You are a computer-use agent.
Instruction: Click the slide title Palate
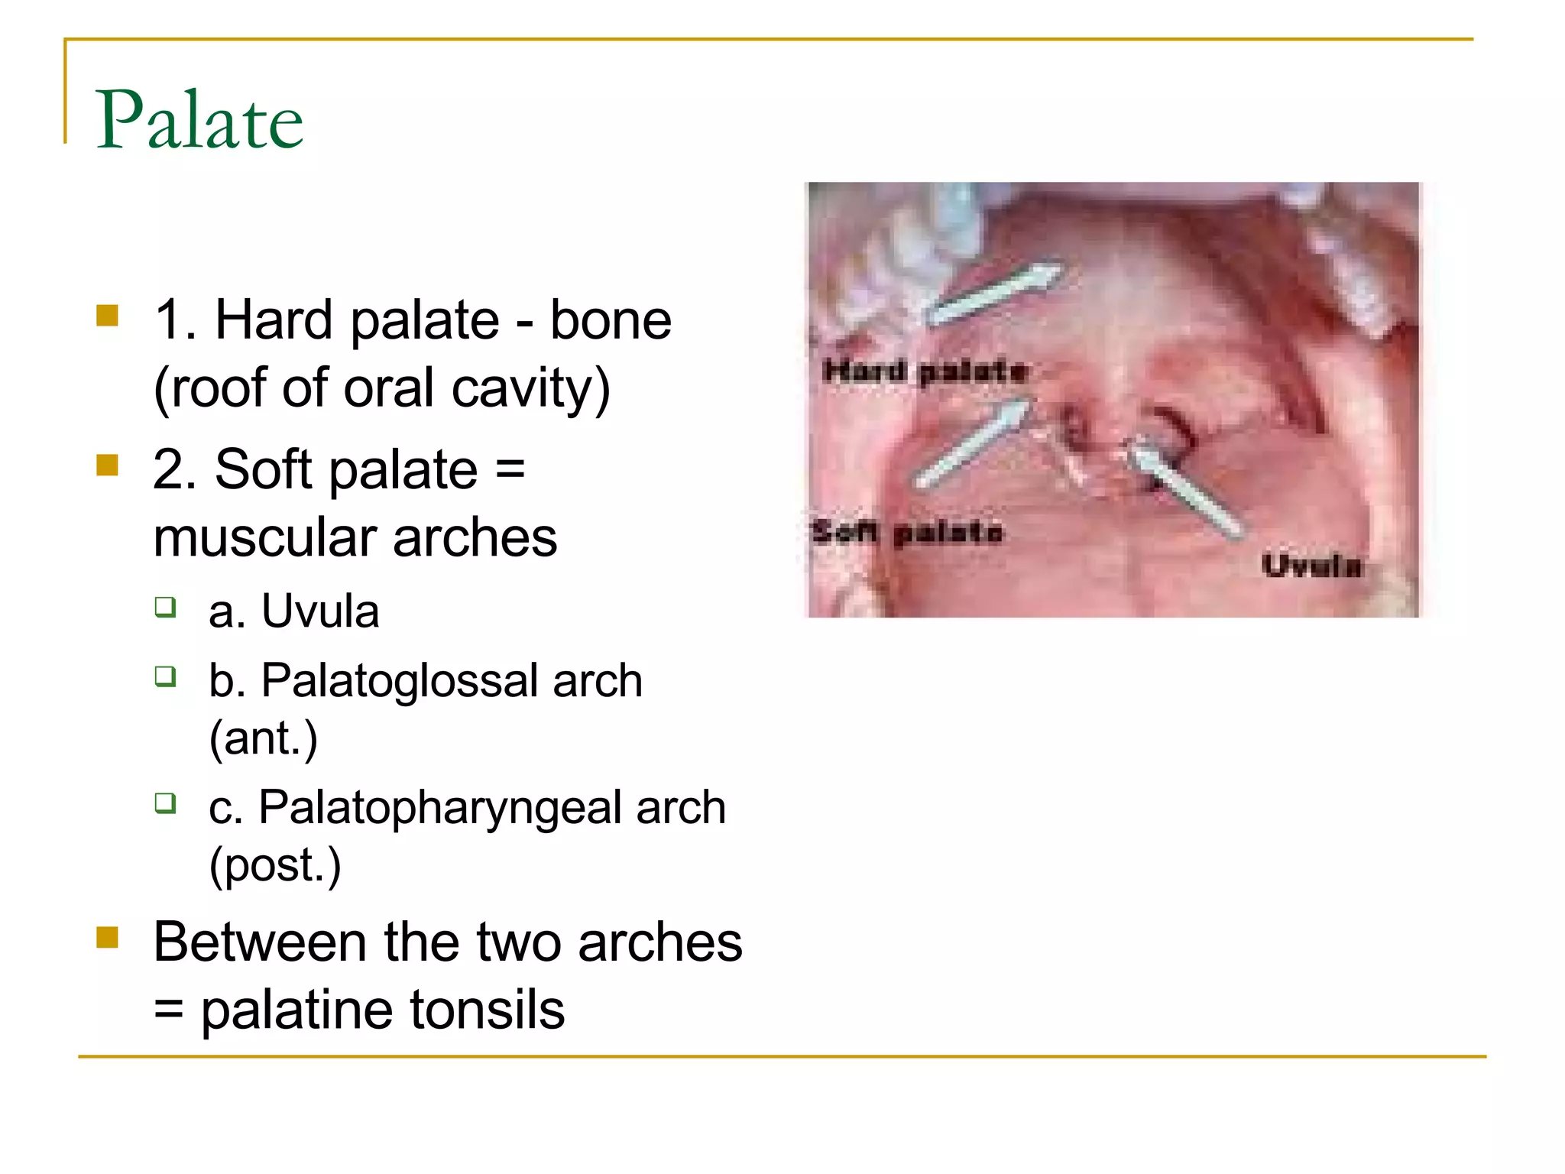[199, 120]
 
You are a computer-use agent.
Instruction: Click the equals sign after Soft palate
[510, 469]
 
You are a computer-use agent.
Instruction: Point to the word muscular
[264, 537]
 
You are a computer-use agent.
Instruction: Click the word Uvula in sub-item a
[320, 611]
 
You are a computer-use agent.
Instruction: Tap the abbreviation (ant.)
[263, 738]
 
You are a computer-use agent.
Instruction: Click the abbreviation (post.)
[275, 865]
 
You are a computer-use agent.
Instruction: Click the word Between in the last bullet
[259, 942]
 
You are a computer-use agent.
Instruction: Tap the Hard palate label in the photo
[925, 372]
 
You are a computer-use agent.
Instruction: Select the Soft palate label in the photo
[907, 531]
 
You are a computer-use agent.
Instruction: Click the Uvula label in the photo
[1311, 566]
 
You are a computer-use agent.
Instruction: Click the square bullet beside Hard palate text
[108, 316]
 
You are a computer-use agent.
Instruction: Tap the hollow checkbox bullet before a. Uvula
[165, 608]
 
